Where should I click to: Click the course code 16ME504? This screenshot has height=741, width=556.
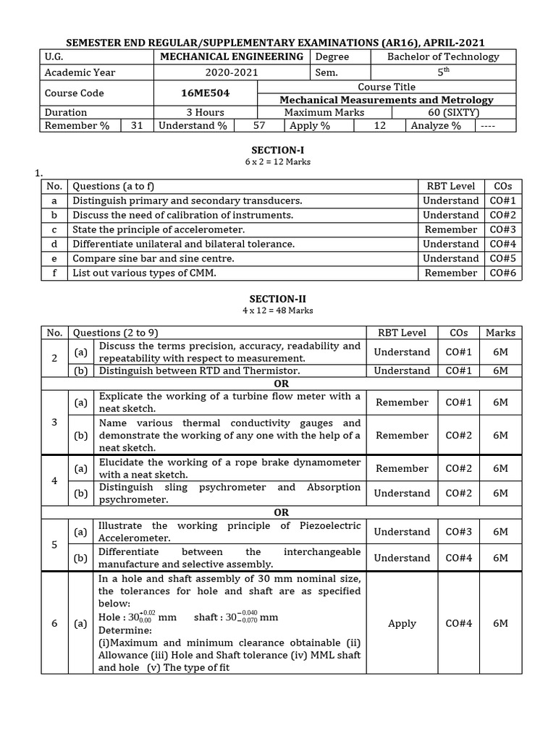[195, 93]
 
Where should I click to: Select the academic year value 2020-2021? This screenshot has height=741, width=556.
[231, 72]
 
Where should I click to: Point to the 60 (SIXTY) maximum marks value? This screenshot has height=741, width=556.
[454, 112]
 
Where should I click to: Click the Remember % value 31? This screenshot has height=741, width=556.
[137, 125]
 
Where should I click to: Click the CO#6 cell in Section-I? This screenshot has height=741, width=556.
[502, 273]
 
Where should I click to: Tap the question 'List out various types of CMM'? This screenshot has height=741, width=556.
[143, 273]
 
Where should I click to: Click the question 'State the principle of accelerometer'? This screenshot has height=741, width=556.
[159, 229]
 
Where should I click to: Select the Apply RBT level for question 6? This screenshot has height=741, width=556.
[402, 623]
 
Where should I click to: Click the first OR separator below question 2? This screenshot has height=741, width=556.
[281, 384]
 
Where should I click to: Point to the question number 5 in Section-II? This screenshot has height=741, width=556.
[54, 544]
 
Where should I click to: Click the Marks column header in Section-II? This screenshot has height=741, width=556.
[500, 333]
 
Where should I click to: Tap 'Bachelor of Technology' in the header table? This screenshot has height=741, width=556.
[443, 56]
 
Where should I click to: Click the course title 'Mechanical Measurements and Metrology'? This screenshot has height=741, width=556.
[387, 100]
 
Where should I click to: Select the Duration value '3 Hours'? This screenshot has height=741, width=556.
[206, 112]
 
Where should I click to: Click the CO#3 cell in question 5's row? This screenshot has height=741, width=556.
[458, 532]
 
